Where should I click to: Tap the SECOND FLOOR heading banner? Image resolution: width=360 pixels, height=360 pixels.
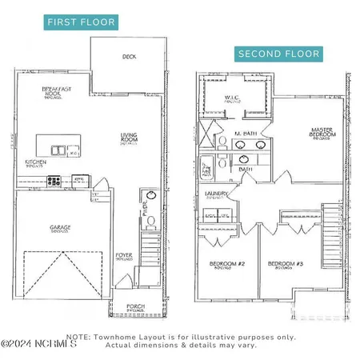pos(278,54)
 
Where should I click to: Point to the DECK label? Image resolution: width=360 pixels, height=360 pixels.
pos(129,57)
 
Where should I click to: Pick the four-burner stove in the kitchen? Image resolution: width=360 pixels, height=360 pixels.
pos(54,181)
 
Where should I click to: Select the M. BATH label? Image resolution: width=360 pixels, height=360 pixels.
pos(246,133)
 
